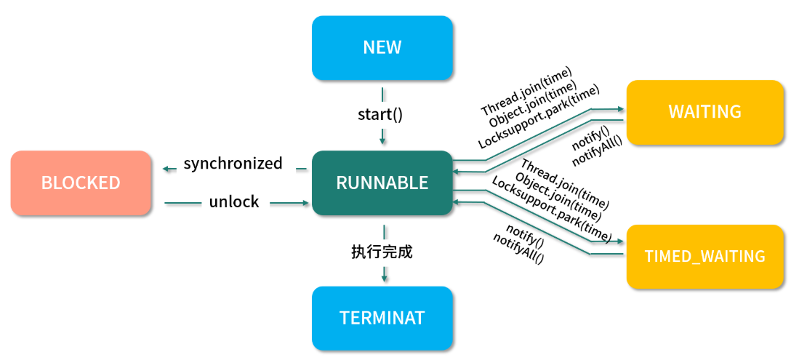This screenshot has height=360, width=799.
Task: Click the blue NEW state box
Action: (382, 48)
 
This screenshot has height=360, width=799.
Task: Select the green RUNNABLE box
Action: (382, 183)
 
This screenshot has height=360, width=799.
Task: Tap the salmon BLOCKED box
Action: (81, 183)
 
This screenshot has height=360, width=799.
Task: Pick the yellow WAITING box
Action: (704, 112)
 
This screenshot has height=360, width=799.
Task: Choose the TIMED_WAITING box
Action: (704, 256)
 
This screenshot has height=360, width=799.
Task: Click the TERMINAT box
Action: (382, 318)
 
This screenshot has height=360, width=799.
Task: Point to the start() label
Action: (380, 114)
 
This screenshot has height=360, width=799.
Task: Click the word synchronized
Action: (233, 164)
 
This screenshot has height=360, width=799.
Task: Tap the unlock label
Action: (234, 202)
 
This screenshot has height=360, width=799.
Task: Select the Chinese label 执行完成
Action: (382, 252)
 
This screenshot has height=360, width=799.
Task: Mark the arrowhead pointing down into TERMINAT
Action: (384, 277)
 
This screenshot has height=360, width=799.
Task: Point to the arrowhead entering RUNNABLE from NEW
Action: (382, 139)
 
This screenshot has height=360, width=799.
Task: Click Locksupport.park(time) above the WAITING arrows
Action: (539, 117)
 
